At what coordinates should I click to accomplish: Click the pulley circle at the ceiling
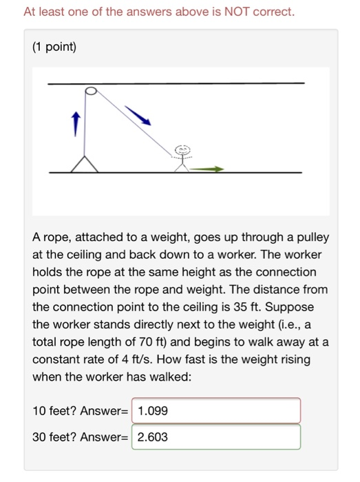(x=89, y=91)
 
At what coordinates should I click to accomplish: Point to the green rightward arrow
(x=207, y=168)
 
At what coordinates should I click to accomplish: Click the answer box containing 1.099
(x=216, y=411)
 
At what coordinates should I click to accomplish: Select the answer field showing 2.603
(x=216, y=437)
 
